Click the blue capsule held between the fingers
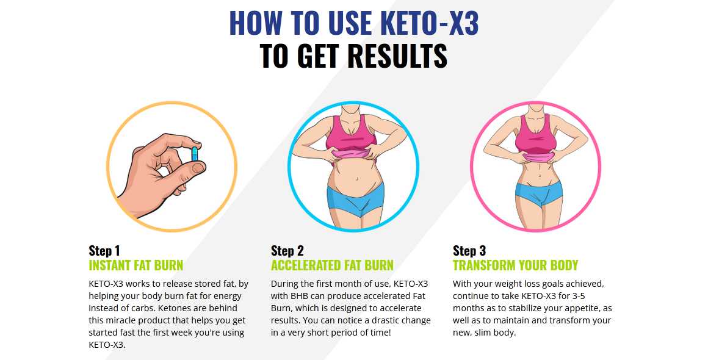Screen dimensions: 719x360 pos(195,154)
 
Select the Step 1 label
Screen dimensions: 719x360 pos(104,251)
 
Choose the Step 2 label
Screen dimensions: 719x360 pos(287,251)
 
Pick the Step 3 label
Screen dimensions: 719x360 pos(469,251)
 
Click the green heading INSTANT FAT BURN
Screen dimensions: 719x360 pos(135,265)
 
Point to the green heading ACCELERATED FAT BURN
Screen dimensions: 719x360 pos(332,265)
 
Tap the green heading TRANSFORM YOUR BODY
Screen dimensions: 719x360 pos(515,265)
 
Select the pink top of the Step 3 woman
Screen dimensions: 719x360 pos(536,137)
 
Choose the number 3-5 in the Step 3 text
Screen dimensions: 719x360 pos(576,297)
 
